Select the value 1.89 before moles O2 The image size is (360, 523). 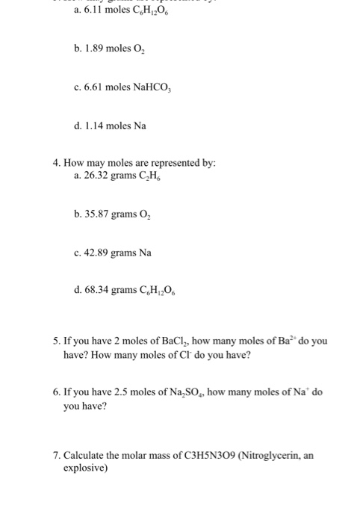96,55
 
